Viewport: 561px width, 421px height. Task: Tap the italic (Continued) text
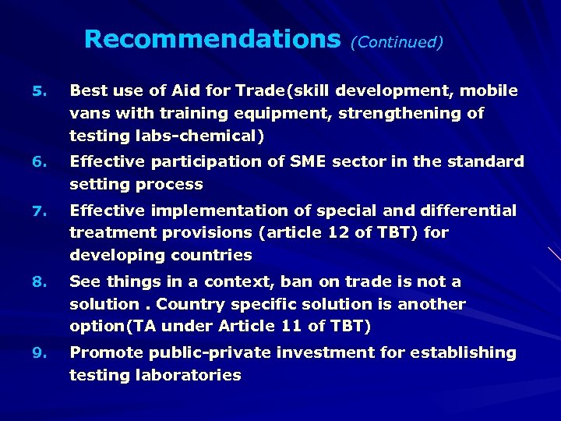point(397,42)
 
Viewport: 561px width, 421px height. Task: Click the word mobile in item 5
point(489,90)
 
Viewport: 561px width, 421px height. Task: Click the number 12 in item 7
point(347,232)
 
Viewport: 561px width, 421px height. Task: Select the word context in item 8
point(237,281)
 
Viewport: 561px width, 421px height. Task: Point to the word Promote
point(104,352)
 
